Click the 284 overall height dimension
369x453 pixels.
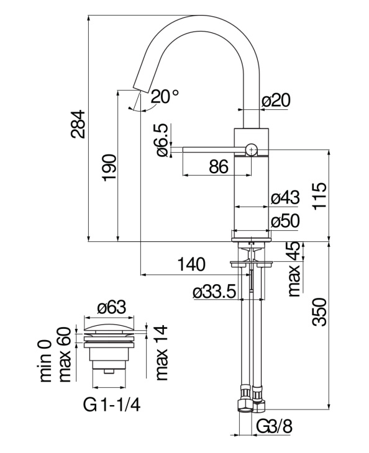coord(78,124)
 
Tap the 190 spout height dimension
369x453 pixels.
coord(109,168)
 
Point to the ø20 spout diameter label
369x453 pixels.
coord(276,101)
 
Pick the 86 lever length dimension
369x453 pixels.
coord(219,167)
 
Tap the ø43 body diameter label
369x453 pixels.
coord(285,198)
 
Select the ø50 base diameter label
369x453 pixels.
coord(285,222)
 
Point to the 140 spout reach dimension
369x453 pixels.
coord(191,264)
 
